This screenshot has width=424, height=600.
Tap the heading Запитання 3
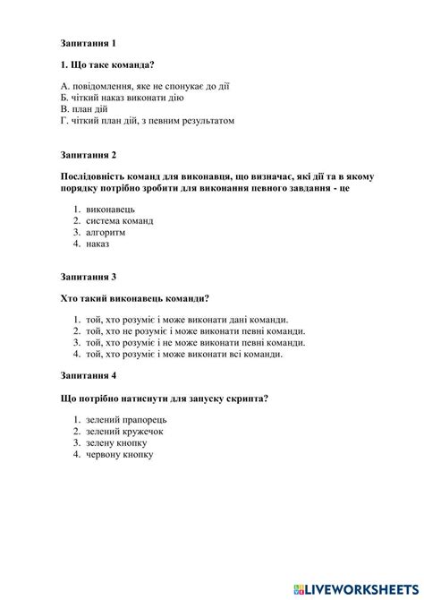pos(89,277)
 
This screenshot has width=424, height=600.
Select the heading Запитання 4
pos(89,375)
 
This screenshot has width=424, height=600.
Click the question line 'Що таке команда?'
pos(105,64)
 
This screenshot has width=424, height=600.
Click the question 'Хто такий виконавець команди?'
pos(140,298)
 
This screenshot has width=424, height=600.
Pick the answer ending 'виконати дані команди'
pos(188,320)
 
